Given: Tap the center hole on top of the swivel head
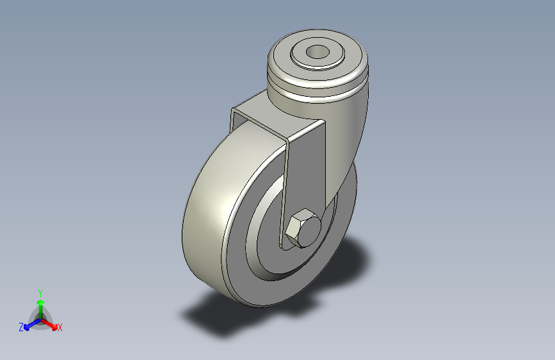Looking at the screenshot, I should tap(316, 52).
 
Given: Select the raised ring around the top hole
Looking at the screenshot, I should tap(301, 56).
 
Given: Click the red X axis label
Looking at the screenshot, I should tap(60, 327).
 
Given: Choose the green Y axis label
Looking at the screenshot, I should tap(40, 292).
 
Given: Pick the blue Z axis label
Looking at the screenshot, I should tap(20, 327).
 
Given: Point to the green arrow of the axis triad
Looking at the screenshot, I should tap(40, 305).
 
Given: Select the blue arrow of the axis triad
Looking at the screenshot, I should tap(29, 323).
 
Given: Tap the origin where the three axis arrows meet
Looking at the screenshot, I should tap(40, 318).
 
